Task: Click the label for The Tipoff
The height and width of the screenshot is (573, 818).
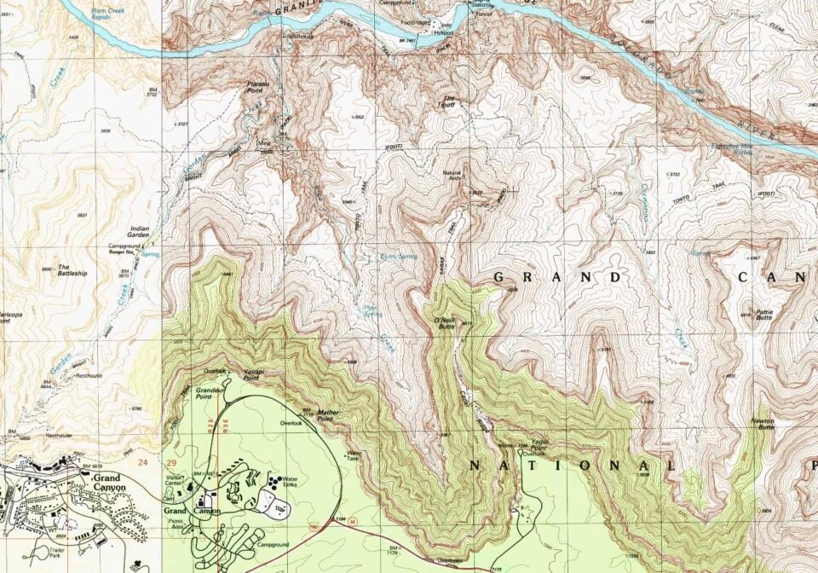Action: click(447, 101)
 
